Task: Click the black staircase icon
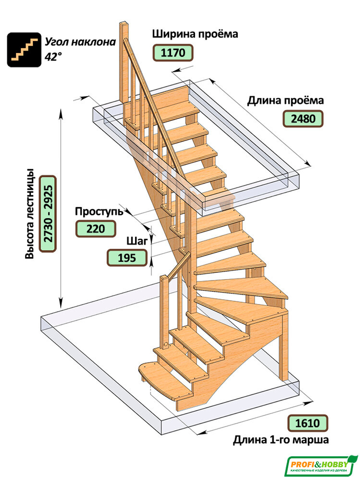click(x=24, y=50)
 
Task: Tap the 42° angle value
click(x=53, y=57)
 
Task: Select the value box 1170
click(x=173, y=53)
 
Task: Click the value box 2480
click(x=303, y=118)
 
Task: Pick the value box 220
click(x=95, y=229)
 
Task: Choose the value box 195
click(x=127, y=258)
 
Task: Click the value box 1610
click(x=307, y=423)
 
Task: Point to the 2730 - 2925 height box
click(x=48, y=214)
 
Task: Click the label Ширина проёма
click(x=195, y=34)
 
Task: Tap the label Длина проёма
click(x=285, y=100)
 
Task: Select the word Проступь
click(x=99, y=211)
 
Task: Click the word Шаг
click(x=137, y=241)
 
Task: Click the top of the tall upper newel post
click(x=124, y=24)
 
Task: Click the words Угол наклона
click(x=80, y=42)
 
